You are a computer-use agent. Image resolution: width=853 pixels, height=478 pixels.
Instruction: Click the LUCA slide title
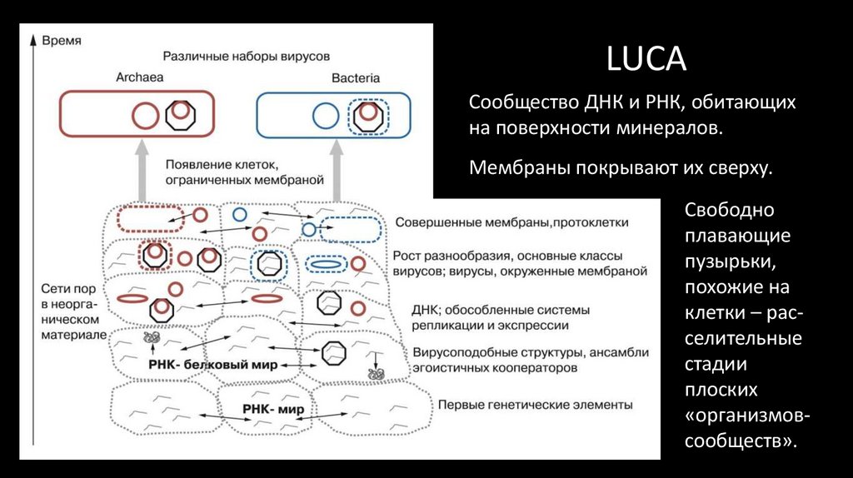(646, 60)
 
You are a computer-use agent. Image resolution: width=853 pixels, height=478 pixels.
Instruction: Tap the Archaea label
(139, 77)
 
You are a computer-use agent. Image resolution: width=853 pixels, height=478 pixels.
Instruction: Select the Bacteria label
(356, 77)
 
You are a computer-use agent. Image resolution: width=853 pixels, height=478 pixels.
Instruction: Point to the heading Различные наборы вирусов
(247, 56)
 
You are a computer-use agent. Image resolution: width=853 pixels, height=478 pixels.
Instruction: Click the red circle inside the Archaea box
(145, 114)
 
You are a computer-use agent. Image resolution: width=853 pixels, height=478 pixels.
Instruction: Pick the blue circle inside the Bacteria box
(324, 115)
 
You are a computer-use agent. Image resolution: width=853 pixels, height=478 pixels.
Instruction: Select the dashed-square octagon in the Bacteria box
(367, 115)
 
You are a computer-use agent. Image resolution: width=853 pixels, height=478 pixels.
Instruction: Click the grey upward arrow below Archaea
(144, 167)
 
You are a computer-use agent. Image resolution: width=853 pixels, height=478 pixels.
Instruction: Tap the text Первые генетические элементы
(536, 405)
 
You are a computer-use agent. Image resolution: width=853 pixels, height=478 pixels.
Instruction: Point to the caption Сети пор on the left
(66, 288)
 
